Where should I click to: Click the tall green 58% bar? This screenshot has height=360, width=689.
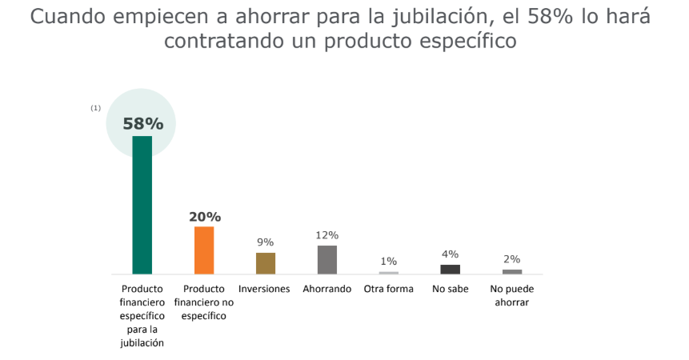point(142,205)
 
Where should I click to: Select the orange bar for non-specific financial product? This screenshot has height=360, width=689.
point(204,250)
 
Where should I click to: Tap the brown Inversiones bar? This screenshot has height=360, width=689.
point(266,263)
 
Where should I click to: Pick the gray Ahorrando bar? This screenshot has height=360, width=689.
point(327,259)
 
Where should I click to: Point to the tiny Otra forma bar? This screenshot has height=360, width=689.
point(389,273)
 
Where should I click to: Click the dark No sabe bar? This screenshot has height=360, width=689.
point(451,270)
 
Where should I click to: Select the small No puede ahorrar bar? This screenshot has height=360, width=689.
point(512,272)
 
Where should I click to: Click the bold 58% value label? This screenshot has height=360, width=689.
point(142,124)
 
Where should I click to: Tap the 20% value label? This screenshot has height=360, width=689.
point(205,217)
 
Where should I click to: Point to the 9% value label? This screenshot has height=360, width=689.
point(266,242)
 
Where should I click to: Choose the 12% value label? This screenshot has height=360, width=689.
point(327,235)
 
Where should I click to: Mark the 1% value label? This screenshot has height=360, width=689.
point(389,262)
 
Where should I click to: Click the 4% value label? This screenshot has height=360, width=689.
point(451,254)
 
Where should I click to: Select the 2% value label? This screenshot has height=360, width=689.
point(512,259)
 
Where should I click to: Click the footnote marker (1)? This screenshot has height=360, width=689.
point(96,107)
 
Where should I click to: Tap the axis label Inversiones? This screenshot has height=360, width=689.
point(265,289)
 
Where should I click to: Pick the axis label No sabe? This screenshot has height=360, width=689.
point(451,289)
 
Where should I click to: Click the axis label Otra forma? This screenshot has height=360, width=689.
point(389,289)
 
